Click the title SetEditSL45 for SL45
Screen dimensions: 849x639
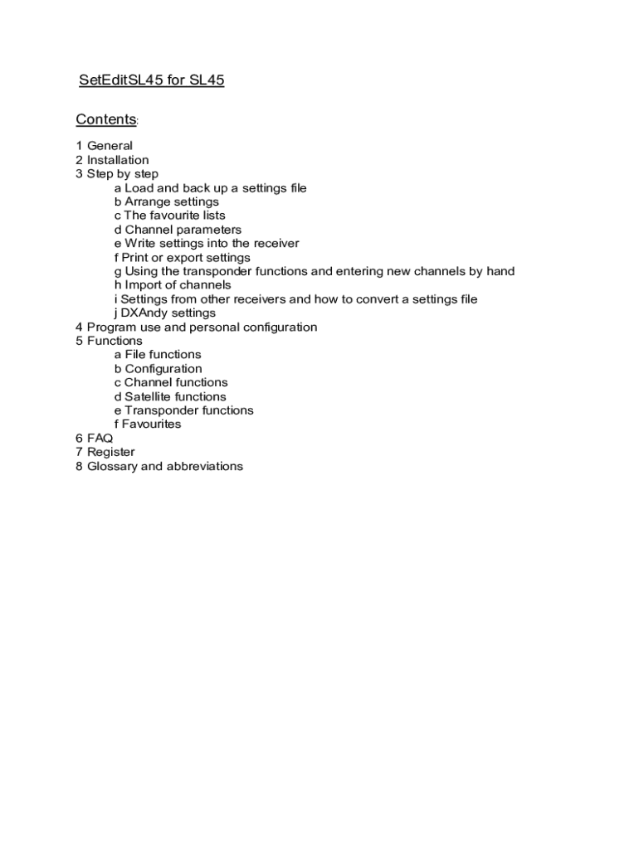(151, 80)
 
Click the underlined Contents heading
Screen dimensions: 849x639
(105, 119)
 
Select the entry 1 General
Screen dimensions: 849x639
(104, 146)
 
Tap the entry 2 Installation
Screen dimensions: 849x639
(112, 160)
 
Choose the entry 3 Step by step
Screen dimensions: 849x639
(117, 174)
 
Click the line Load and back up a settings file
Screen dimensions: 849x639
(211, 188)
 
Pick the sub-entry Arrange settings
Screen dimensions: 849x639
(167, 201)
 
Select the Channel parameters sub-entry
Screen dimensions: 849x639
(178, 230)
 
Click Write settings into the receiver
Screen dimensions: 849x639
(207, 244)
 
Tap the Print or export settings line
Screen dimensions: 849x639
(183, 258)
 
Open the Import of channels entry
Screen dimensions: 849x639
(173, 285)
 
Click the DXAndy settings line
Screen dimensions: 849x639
(165, 313)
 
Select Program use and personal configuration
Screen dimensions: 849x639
(196, 327)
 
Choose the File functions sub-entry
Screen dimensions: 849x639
(158, 355)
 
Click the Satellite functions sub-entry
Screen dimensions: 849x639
(170, 396)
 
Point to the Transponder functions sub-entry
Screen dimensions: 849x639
(184, 410)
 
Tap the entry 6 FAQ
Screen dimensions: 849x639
(94, 438)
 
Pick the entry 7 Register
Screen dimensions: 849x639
(105, 452)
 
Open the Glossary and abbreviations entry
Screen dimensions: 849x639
(159, 466)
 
